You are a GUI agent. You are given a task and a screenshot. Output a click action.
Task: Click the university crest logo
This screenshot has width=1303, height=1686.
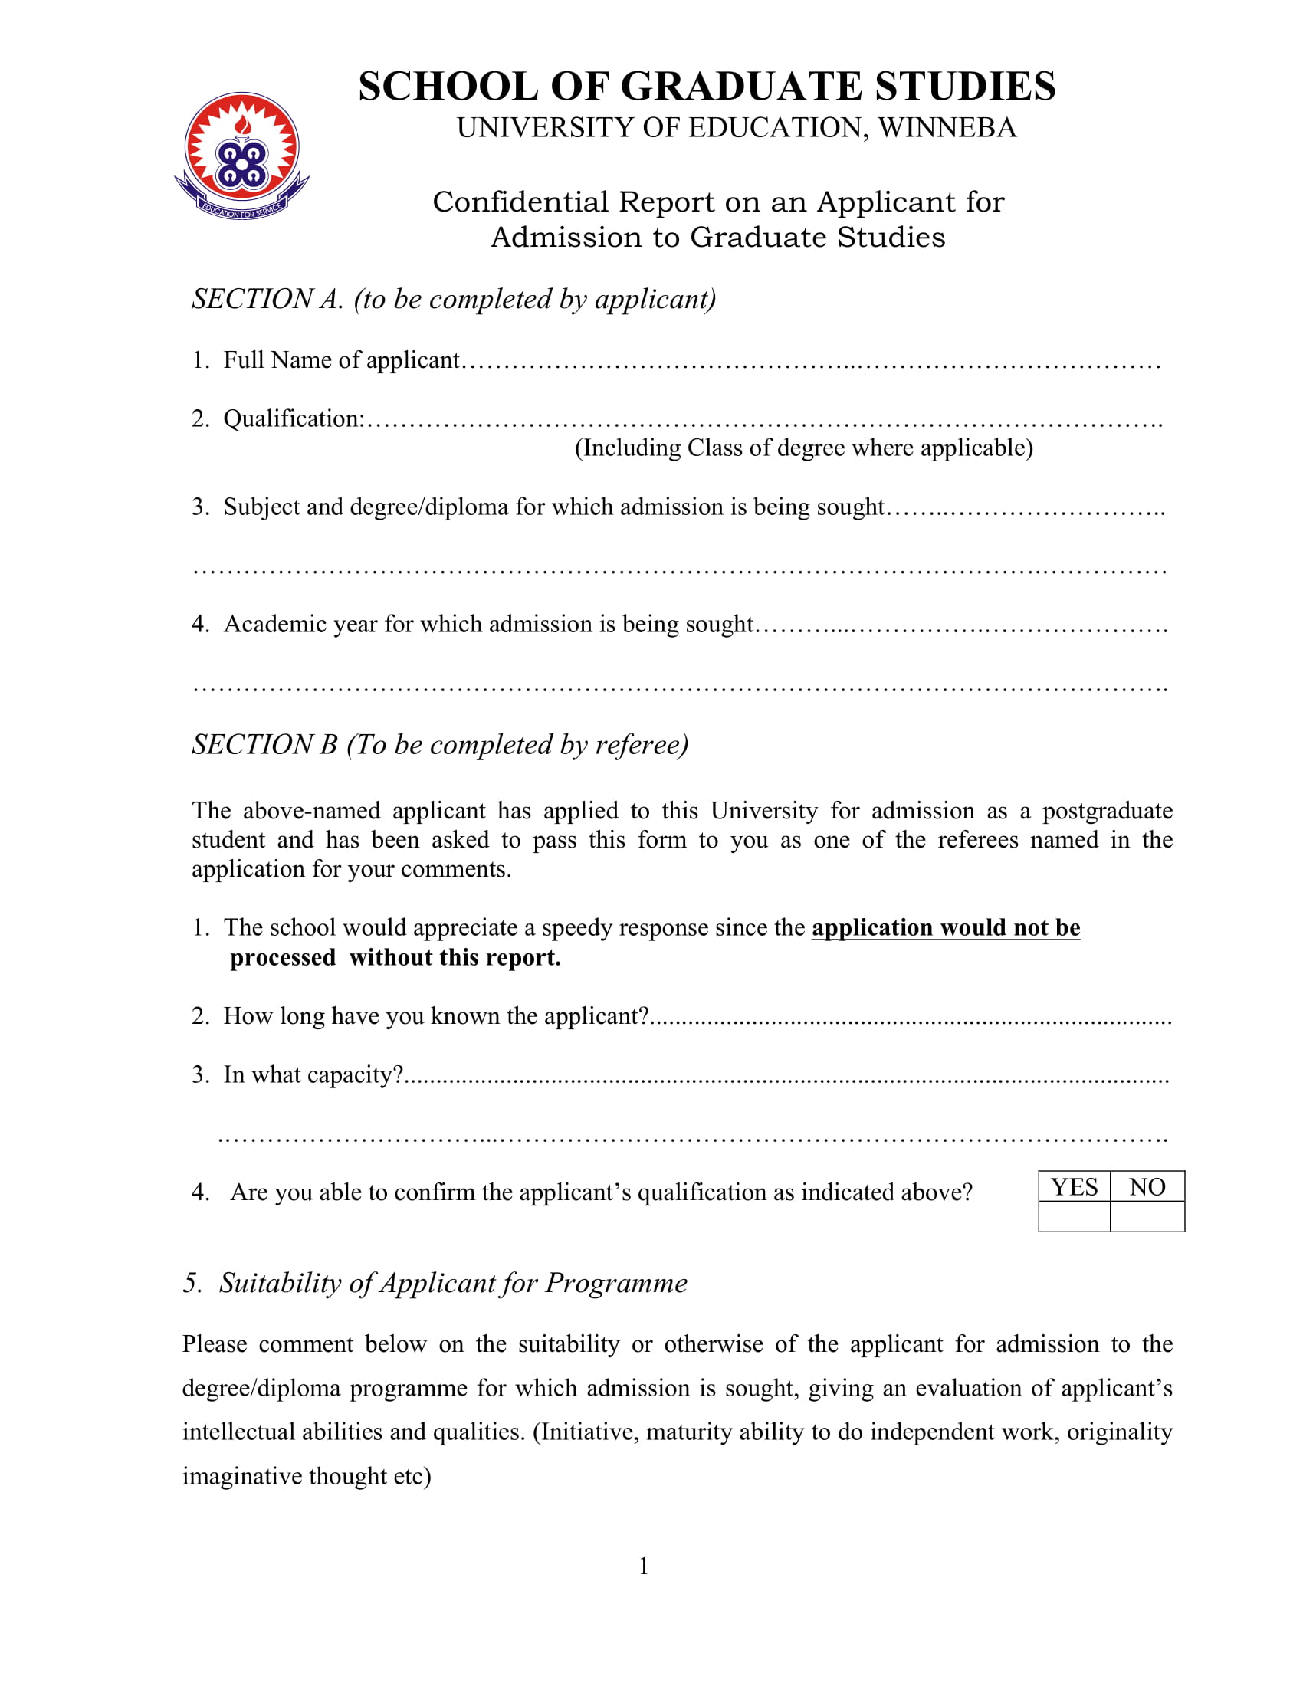coord(241,156)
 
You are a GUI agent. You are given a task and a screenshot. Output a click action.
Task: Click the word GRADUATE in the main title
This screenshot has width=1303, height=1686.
coord(740,86)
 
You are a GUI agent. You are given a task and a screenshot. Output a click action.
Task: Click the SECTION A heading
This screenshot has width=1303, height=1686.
coord(454,300)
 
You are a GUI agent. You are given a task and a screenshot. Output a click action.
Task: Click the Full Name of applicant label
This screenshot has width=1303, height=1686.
coord(341,360)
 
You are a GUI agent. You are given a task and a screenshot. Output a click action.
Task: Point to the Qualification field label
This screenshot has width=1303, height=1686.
coord(294,419)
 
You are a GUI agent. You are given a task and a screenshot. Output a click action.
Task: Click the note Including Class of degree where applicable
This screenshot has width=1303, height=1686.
coord(803,448)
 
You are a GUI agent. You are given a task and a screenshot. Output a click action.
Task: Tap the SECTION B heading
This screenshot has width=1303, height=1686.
coord(440,745)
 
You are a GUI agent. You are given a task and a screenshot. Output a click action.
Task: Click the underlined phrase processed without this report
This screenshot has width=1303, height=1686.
coord(395,958)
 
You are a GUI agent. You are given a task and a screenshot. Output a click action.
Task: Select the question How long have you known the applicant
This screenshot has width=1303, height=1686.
coord(436,1017)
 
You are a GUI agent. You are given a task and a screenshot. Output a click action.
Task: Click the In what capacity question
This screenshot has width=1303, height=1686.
coord(313,1075)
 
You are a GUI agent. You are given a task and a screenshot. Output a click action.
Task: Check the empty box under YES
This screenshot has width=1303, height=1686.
coord(1074,1217)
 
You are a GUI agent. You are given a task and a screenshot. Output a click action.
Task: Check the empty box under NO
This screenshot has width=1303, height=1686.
coord(1147,1217)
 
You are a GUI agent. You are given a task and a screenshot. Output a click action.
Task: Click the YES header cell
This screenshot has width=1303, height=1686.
coord(1074,1186)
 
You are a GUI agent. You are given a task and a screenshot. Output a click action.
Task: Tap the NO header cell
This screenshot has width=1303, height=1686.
coord(1147,1186)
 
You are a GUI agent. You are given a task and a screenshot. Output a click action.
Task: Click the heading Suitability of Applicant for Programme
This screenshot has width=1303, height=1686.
coord(453,1283)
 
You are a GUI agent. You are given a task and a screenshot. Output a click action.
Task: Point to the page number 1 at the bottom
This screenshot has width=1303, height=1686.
coord(644,1566)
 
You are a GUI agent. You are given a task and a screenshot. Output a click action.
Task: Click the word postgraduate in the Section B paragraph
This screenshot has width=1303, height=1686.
coord(1107,812)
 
